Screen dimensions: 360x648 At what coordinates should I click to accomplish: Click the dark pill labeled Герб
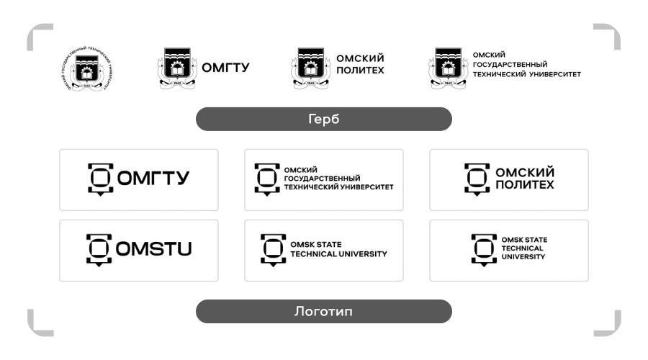(323, 120)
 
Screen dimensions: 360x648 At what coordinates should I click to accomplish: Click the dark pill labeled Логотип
(323, 312)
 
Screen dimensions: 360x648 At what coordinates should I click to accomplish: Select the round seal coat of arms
(86, 71)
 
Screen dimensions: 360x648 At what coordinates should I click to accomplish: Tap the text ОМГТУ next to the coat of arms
(225, 68)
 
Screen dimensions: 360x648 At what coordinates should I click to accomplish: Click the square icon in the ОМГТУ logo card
(102, 179)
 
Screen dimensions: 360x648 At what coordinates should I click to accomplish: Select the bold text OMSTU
(159, 250)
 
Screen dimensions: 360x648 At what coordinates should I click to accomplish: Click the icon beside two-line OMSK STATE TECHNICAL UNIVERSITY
(273, 249)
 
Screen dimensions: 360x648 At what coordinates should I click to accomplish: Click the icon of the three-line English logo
(484, 249)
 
